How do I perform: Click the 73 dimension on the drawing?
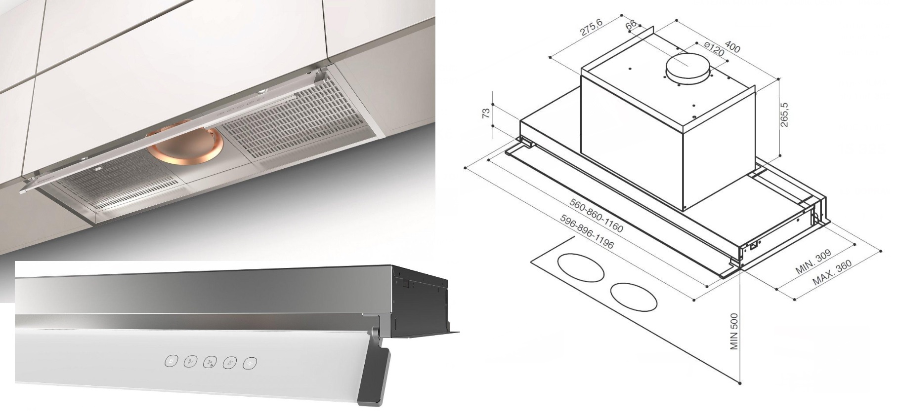[x=486, y=112]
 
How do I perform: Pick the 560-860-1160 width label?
[x=596, y=216]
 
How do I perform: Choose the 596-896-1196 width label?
[x=588, y=232]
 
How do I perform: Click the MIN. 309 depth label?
[x=813, y=262]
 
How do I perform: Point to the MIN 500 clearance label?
[x=734, y=331]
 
